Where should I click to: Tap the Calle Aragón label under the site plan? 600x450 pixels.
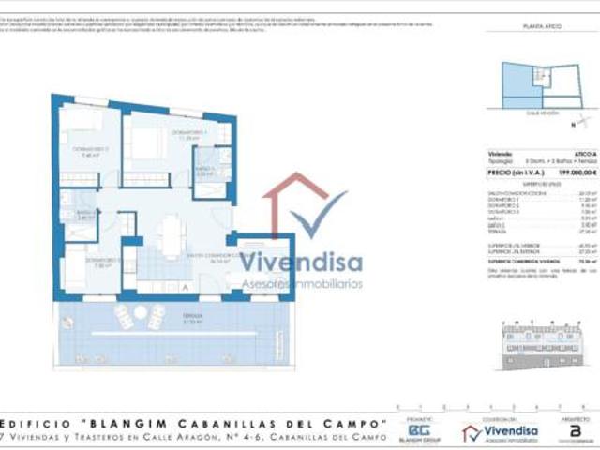tap(542, 111)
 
